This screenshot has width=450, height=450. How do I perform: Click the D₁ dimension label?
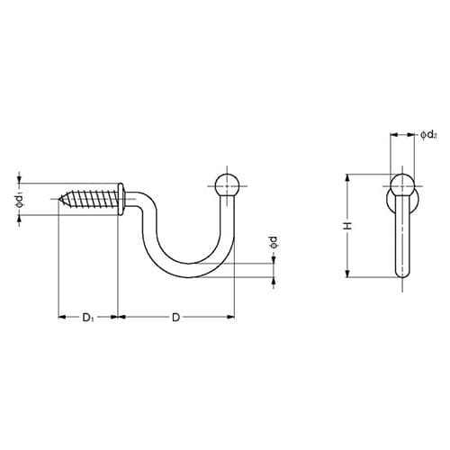pyautogui.click(x=88, y=318)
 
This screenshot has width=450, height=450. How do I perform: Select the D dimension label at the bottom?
pyautogui.click(x=175, y=318)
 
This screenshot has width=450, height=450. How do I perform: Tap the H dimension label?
pyautogui.click(x=348, y=226)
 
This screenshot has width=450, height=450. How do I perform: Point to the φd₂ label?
pyautogui.click(x=428, y=135)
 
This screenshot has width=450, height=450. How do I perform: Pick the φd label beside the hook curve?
pyautogui.click(x=274, y=242)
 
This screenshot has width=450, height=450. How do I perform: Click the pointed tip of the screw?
pyautogui.click(x=59, y=199)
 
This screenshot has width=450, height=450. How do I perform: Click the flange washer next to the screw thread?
pyautogui.click(x=121, y=199)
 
